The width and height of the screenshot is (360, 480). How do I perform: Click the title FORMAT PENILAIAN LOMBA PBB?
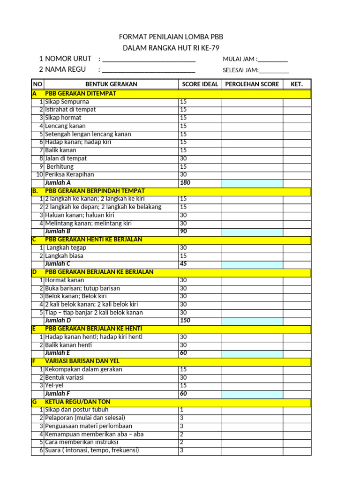[171, 37]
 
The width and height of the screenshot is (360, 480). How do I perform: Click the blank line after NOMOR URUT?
[149, 60]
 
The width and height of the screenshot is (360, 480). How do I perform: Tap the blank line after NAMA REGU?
[149, 71]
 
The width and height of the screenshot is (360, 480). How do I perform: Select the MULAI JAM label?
[240, 59]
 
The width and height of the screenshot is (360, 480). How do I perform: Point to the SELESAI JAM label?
[241, 70]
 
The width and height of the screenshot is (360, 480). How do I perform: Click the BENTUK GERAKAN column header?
[111, 84]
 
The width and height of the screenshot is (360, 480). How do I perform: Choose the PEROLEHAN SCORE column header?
[252, 84]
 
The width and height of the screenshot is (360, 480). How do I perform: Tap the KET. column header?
[297, 84]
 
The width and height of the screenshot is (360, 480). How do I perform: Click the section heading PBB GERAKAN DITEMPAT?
[81, 93]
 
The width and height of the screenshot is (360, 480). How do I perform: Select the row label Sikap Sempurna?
[67, 102]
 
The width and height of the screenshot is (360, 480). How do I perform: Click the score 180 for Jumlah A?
[185, 183]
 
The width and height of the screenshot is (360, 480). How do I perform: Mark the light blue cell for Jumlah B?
[252, 231]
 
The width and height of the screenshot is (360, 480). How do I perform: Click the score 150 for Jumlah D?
[185, 321]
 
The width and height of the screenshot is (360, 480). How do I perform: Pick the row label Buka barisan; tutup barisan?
[82, 288]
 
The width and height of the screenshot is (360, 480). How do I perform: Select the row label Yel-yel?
[54, 386]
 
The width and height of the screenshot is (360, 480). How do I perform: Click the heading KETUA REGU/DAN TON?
[78, 402]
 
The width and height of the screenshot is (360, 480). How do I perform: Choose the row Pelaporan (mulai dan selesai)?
[85, 418]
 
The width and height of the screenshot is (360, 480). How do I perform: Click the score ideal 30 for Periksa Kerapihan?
[184, 174]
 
